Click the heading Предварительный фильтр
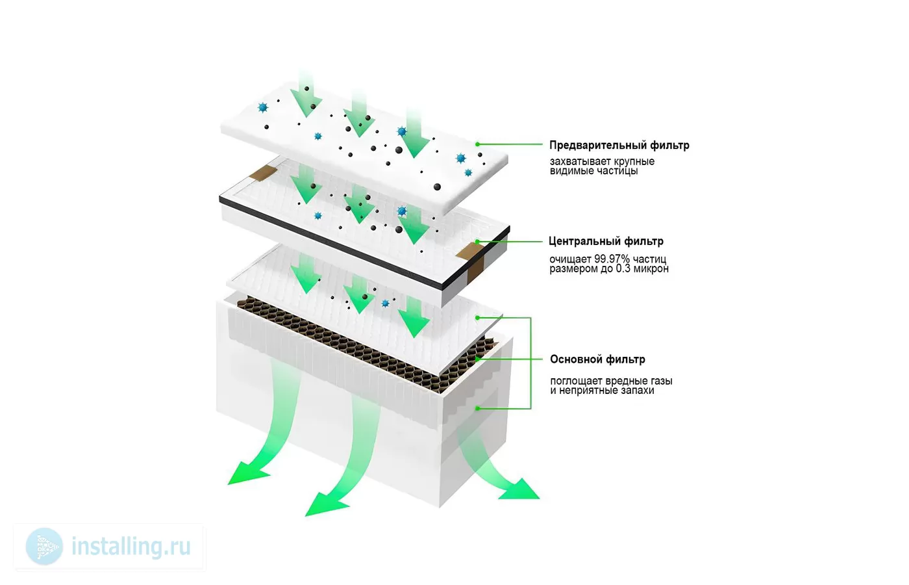click(x=619, y=146)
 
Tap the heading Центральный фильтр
click(x=606, y=241)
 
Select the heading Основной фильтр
click(x=597, y=359)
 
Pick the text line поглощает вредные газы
click(x=611, y=382)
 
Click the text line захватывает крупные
click(x=603, y=161)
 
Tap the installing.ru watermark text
click(x=131, y=546)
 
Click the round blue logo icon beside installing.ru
click(x=44, y=547)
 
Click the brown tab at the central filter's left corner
click(x=264, y=174)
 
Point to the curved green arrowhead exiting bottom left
click(x=247, y=473)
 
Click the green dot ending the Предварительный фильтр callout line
click(x=478, y=144)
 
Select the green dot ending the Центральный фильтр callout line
click(x=478, y=242)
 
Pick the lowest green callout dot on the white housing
click(x=478, y=408)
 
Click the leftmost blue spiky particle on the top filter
click(x=263, y=107)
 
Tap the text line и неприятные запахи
click(x=603, y=391)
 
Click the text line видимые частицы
click(x=593, y=171)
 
